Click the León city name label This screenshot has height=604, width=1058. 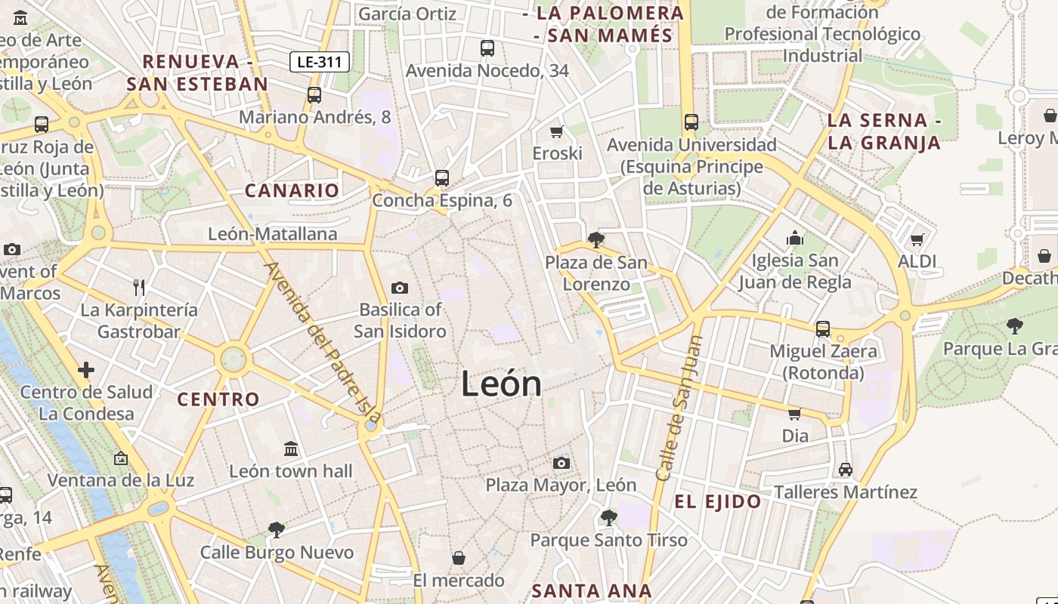click(501, 384)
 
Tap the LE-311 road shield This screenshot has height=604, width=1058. click(319, 62)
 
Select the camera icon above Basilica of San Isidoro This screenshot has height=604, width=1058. click(400, 288)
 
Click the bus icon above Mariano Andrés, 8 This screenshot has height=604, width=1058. click(314, 95)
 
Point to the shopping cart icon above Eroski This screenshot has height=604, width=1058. click(557, 131)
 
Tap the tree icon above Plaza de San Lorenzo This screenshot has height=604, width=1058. click(596, 240)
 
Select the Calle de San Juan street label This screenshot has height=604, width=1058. click(678, 408)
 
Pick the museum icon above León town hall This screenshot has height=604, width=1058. click(291, 449)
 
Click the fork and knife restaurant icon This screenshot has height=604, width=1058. click(138, 287)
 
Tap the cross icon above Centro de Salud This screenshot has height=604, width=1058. click(86, 370)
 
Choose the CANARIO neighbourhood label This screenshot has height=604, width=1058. click(292, 190)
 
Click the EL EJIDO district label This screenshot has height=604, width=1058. click(717, 502)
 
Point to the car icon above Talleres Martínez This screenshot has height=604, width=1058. click(845, 470)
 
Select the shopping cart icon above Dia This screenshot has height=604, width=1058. click(794, 414)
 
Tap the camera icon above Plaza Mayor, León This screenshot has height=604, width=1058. click(561, 463)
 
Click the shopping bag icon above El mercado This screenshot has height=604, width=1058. click(458, 558)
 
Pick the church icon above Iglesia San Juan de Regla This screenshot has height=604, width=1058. click(794, 239)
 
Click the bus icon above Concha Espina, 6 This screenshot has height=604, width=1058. click(442, 178)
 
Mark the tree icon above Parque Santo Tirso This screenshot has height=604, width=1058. click(608, 518)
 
